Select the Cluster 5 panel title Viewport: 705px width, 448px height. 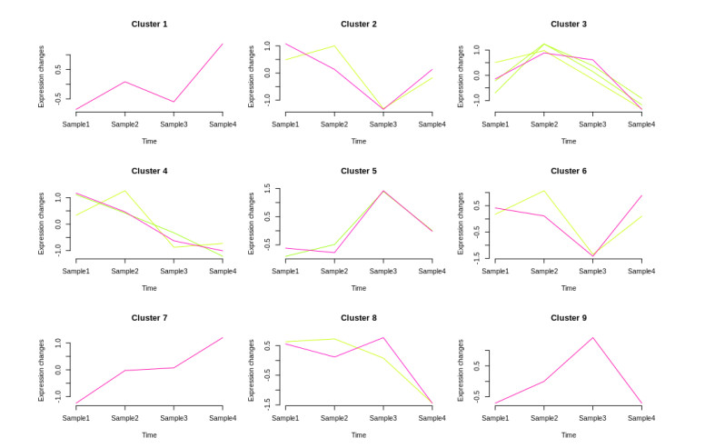point(359,171)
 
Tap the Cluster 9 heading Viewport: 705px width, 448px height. point(569,318)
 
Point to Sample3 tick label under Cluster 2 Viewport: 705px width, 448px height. point(383,124)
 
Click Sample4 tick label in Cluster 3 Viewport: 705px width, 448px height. point(641,124)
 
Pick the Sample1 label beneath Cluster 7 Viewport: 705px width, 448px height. point(75,418)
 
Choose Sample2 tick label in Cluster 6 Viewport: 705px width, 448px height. point(543,271)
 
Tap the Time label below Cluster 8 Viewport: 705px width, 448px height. point(359,435)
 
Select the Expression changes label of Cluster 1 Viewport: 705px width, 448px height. point(42,76)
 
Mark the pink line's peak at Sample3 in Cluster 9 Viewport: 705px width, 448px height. point(592,338)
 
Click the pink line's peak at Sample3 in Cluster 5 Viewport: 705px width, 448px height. point(382,191)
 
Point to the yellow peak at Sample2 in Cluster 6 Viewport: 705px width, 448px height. point(543,191)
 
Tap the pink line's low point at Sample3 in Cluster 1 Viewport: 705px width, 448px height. point(174,102)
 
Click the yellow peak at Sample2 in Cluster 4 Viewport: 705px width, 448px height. point(124,191)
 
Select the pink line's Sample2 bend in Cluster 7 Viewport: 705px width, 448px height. point(124,371)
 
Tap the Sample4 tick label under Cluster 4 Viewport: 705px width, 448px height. point(223,271)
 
